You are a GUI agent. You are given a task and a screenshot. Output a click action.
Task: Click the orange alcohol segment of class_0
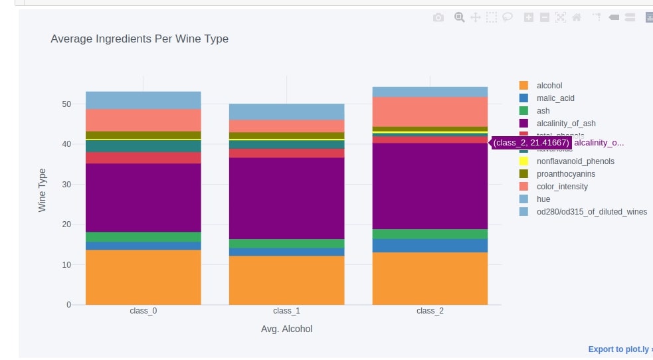pyautogui.click(x=143, y=277)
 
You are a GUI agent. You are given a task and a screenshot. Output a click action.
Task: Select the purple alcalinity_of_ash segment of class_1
pyautogui.click(x=286, y=198)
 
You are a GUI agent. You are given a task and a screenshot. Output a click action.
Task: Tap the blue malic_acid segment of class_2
pyautogui.click(x=430, y=246)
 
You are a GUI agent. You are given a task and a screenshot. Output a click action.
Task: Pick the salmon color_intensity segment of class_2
pyautogui.click(x=430, y=112)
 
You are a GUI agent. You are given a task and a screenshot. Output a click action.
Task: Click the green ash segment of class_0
pyautogui.click(x=143, y=236)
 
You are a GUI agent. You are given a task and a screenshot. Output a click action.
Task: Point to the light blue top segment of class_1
pyautogui.click(x=286, y=112)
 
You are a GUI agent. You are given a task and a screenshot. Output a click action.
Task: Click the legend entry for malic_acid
pyautogui.click(x=555, y=98)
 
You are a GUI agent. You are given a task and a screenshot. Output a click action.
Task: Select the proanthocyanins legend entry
pyautogui.click(x=565, y=174)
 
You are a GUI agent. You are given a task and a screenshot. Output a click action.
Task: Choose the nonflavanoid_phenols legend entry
pyautogui.click(x=575, y=161)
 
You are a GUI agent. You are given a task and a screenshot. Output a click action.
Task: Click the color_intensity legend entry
pyautogui.click(x=562, y=187)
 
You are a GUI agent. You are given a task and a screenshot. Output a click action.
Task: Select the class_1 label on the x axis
pyautogui.click(x=286, y=311)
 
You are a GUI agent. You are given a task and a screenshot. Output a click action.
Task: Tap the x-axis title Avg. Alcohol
pyautogui.click(x=286, y=329)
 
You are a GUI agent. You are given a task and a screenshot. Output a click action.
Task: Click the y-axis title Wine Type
pyautogui.click(x=43, y=190)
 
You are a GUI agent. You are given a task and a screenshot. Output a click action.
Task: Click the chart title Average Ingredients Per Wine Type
pyautogui.click(x=140, y=39)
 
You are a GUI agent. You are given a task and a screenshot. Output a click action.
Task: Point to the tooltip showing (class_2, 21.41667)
pyautogui.click(x=531, y=143)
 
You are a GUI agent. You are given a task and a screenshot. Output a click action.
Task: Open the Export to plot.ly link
pyautogui.click(x=619, y=349)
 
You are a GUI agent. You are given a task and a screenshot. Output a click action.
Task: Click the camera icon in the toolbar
pyautogui.click(x=438, y=18)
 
